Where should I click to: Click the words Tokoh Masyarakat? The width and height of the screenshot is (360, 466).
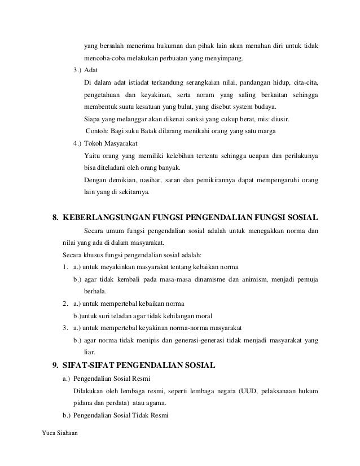click(107, 143)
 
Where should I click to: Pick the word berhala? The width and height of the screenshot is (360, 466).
click(94, 291)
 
